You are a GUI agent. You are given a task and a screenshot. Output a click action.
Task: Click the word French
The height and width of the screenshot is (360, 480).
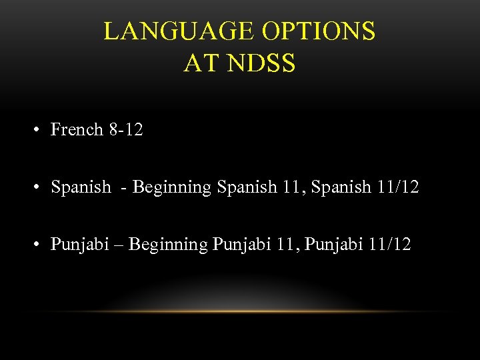[77, 129]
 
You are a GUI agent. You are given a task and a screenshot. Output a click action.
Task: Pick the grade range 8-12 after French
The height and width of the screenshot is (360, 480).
[125, 129]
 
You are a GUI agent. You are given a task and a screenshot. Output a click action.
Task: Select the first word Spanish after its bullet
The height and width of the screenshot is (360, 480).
[81, 187]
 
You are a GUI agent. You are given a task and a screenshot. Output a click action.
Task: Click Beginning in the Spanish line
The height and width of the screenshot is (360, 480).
[172, 187]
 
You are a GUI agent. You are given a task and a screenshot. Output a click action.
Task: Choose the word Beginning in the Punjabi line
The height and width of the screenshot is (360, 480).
[168, 245]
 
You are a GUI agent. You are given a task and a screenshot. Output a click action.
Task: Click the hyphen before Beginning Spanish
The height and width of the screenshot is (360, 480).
[124, 188]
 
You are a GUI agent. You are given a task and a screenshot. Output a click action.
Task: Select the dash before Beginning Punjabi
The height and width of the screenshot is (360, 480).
[120, 245]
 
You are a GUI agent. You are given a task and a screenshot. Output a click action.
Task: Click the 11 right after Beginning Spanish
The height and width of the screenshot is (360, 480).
[291, 187]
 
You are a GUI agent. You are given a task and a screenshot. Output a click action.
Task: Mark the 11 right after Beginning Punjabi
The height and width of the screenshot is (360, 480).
[286, 245]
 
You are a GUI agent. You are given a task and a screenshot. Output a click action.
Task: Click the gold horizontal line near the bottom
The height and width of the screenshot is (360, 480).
[240, 311]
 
